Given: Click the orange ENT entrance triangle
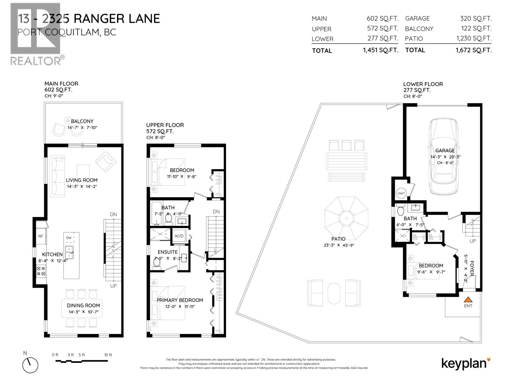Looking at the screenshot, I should (x=468, y=300).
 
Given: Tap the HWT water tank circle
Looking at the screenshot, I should (x=401, y=193).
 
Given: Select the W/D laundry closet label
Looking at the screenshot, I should (x=179, y=236).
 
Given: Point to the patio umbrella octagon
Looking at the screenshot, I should (x=346, y=218).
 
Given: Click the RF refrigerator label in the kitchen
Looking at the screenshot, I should (x=41, y=236).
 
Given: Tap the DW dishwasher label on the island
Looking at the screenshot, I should (x=69, y=238).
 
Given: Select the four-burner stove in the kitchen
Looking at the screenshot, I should (x=41, y=271).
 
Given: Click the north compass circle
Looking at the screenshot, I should (x=30, y=365).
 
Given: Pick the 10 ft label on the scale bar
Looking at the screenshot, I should (x=108, y=355).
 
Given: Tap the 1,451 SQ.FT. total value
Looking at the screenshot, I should (x=381, y=50).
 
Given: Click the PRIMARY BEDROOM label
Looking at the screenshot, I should (x=180, y=300).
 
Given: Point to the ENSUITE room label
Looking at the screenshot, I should (x=167, y=252).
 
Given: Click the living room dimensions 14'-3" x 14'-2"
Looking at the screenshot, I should (x=82, y=186).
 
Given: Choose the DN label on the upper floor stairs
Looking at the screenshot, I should (x=216, y=212).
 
